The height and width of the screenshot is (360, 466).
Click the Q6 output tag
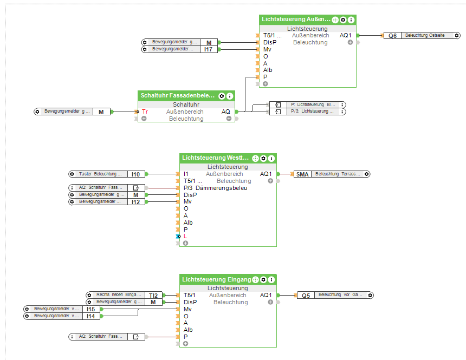393,36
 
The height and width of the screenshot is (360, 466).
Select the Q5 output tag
306,295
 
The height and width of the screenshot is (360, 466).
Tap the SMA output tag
302,174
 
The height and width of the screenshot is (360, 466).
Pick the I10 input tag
135,174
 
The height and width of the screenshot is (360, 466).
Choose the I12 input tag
135,202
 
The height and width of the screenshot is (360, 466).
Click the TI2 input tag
153,295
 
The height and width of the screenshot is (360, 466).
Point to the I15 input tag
90,309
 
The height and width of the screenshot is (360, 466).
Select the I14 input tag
90,316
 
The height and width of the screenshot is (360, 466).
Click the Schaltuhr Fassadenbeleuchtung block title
178,96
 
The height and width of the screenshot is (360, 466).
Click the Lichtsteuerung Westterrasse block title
216,158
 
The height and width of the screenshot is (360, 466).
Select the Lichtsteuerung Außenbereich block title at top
296,19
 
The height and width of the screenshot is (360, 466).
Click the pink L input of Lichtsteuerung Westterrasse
185,237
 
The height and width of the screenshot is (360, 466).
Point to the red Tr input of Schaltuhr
145,112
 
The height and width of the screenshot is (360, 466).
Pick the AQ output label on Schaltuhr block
226,112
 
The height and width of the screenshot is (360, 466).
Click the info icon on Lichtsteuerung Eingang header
271,280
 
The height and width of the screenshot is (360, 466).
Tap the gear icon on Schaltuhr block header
222,96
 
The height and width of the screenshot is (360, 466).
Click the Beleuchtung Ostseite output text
425,36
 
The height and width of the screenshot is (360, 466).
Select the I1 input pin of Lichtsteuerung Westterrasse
186,174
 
